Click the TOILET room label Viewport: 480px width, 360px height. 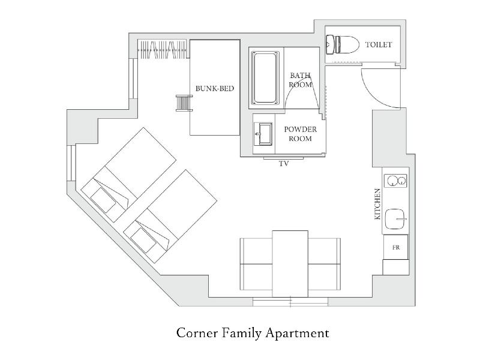click(x=379, y=44)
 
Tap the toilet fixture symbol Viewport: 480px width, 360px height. click(x=342, y=44)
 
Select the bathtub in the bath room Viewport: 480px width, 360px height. click(x=265, y=78)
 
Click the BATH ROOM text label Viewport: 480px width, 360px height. click(x=301, y=80)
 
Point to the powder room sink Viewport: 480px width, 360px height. click(x=263, y=134)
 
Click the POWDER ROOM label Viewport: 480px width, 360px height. click(x=301, y=134)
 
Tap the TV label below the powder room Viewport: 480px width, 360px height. click(x=284, y=164)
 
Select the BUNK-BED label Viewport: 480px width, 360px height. click(x=215, y=88)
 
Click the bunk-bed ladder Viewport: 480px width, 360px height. click(x=184, y=103)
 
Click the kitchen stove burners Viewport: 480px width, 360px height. click(x=395, y=181)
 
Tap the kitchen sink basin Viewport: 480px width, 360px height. click(x=395, y=219)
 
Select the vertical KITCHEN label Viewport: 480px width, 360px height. click(x=377, y=204)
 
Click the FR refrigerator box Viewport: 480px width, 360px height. click(x=396, y=247)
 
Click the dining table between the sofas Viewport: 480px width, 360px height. click(x=290, y=264)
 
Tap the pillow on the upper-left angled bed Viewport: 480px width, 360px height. click(x=103, y=200)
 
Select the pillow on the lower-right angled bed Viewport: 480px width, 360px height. click(x=144, y=241)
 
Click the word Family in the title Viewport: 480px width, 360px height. click(x=242, y=334)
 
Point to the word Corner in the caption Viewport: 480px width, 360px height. click(x=197, y=333)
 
